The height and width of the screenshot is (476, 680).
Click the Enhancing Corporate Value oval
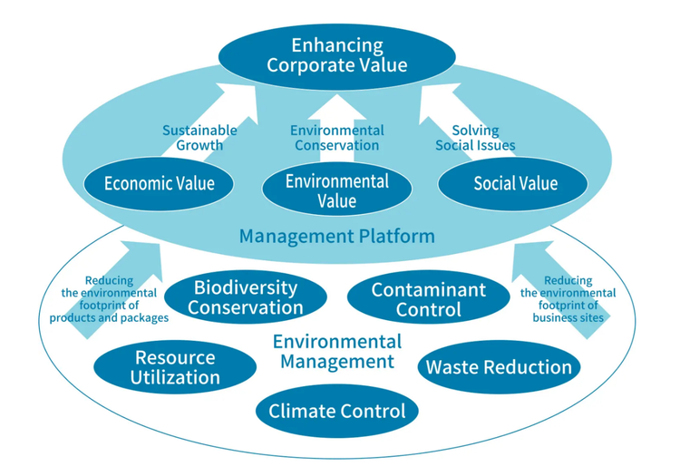point(336,54)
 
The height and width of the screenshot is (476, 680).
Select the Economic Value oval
point(159,184)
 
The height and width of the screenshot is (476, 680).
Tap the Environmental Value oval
point(336,190)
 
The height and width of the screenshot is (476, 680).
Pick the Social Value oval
point(515,184)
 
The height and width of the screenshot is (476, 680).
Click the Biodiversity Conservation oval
point(245,297)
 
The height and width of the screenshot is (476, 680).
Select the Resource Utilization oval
point(174,367)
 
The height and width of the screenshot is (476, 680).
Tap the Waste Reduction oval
point(499,366)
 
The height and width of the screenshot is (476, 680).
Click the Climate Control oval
point(336,411)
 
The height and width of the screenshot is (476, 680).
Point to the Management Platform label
point(336,237)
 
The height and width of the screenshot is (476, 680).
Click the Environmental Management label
point(336,352)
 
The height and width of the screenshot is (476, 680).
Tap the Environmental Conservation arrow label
point(336,138)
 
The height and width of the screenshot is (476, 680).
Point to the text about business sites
point(568,299)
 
